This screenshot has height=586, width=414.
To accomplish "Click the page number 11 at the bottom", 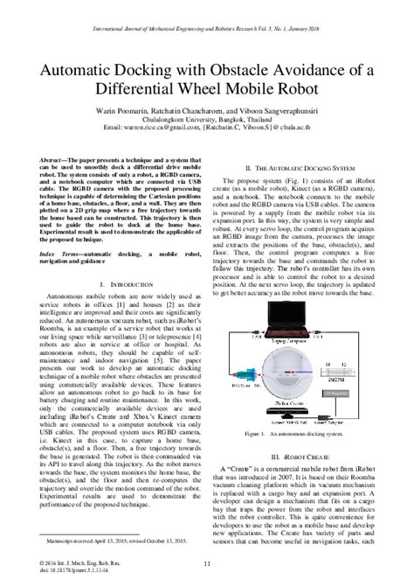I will click(x=207, y=574).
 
